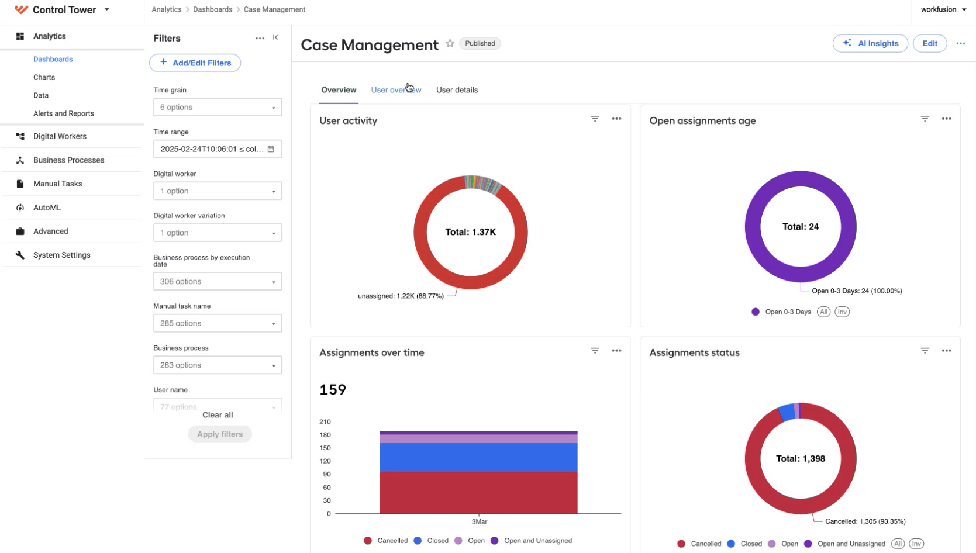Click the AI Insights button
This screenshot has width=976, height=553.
[x=870, y=43]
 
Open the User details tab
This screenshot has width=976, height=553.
[x=457, y=89]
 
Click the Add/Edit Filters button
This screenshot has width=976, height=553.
[x=195, y=63]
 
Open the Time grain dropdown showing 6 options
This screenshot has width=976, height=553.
[x=218, y=107]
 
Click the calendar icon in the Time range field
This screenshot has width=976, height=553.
[x=271, y=149]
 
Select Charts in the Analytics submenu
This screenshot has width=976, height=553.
[x=44, y=77]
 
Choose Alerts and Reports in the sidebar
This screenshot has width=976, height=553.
[x=64, y=113]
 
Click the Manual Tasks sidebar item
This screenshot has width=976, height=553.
[x=57, y=184]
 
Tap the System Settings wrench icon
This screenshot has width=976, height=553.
[x=20, y=255]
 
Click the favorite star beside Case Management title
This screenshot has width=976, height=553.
[x=450, y=43]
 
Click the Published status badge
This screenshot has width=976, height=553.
[x=480, y=43]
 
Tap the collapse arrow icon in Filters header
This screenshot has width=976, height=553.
[x=275, y=37]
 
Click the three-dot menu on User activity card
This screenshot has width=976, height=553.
[x=616, y=119]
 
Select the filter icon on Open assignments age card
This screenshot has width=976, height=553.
[x=925, y=119]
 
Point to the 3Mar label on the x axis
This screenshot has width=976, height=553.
[x=480, y=521]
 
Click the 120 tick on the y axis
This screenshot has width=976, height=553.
[x=325, y=461]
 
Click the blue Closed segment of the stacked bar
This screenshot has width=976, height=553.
[x=478, y=457]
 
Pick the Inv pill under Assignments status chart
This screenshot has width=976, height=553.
[x=916, y=544]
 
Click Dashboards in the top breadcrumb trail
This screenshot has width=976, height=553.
[x=213, y=9]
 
